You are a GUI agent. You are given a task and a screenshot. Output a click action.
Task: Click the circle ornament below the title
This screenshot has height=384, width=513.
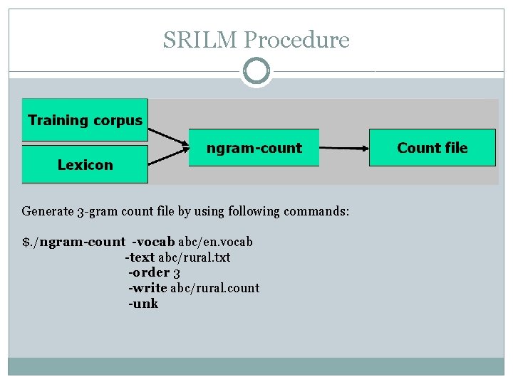256,71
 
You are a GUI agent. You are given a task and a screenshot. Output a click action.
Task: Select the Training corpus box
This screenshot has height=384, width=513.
85,119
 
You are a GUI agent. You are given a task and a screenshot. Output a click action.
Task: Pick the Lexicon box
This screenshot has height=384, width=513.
85,165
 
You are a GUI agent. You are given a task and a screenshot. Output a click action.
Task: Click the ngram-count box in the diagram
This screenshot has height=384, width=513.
254,148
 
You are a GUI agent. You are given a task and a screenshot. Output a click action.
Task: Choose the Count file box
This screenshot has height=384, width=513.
432,148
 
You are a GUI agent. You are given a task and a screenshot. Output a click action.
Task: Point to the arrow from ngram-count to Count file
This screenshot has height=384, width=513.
343,148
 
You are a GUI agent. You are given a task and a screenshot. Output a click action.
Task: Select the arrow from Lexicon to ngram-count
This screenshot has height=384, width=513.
167,158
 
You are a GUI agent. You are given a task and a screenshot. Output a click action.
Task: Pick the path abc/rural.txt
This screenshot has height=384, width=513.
194,257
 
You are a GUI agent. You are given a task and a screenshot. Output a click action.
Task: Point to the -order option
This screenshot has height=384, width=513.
148,272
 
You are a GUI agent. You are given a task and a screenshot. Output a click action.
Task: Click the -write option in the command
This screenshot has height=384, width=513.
147,288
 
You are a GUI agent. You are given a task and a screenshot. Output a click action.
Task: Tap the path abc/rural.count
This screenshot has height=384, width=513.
214,288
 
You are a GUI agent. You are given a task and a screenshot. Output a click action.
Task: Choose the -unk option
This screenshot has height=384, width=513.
143,304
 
